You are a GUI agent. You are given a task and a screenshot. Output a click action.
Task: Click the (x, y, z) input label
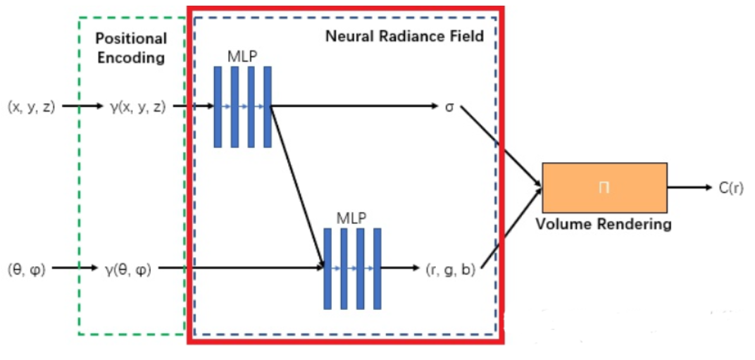tap(31, 107)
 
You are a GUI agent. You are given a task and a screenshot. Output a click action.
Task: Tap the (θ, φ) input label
tap(26, 268)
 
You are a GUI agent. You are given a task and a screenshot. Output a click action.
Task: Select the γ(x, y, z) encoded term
tap(138, 107)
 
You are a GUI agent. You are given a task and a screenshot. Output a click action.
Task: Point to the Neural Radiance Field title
tap(404, 36)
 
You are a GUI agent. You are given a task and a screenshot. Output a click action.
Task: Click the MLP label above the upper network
tap(243, 54)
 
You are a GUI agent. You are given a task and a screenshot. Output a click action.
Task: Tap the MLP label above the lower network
tap(352, 217)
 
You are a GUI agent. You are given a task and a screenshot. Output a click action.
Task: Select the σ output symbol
tap(449, 107)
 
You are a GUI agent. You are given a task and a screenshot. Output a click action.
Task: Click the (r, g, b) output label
tap(451, 268)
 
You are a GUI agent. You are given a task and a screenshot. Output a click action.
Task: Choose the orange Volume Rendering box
tap(604, 187)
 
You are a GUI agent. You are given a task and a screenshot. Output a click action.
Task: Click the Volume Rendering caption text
tap(604, 225)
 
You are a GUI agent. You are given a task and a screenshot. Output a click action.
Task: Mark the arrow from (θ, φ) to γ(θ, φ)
tap(74, 268)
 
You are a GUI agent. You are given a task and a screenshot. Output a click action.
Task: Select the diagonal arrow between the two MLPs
tap(297, 187)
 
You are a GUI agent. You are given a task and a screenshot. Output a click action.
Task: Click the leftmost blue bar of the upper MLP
tap(218, 107)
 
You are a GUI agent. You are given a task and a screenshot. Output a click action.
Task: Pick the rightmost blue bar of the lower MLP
tap(377, 268)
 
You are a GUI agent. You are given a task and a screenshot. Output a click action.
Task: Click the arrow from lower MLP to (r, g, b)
tap(399, 268)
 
